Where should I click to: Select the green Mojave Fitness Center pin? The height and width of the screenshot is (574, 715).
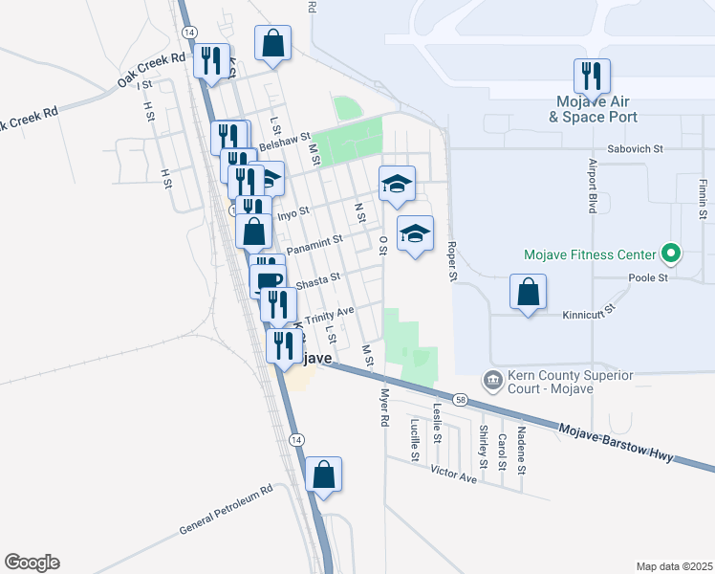coord(671,254)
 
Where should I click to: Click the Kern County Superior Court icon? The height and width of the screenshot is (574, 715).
coord(492,381)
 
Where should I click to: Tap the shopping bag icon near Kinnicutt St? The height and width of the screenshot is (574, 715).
coord(529,293)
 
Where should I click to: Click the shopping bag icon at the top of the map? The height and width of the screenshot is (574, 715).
coord(273,43)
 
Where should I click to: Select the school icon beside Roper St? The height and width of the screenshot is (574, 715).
coord(415,234)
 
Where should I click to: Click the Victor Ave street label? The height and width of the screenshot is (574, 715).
coord(453,473)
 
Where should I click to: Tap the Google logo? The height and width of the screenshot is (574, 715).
coord(32,563)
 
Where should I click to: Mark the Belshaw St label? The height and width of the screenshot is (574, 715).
coord(286,142)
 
